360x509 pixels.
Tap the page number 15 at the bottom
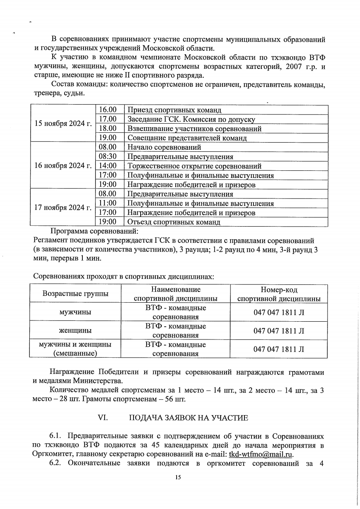[178, 478]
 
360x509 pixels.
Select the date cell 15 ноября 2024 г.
[63, 123]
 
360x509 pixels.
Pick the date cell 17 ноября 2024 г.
[63, 208]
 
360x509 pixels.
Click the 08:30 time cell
[107, 156]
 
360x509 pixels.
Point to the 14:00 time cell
[107, 166]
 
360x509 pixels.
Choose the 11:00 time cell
[107, 203]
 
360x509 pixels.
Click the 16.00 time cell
[107, 110]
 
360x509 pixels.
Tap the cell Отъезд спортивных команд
[173, 222]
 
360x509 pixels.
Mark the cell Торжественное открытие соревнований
[194, 166]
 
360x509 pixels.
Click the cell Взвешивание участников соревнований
[194, 129]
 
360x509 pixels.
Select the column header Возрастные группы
[75, 294]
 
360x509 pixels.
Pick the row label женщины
[75, 330]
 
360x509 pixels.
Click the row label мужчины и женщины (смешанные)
[75, 349]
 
